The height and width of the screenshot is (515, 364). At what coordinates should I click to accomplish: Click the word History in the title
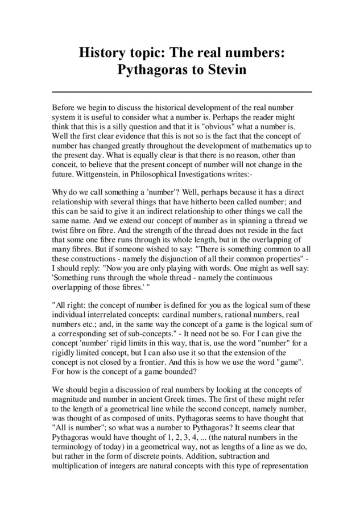click(x=101, y=53)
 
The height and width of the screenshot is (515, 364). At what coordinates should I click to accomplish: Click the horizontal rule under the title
click(x=182, y=91)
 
